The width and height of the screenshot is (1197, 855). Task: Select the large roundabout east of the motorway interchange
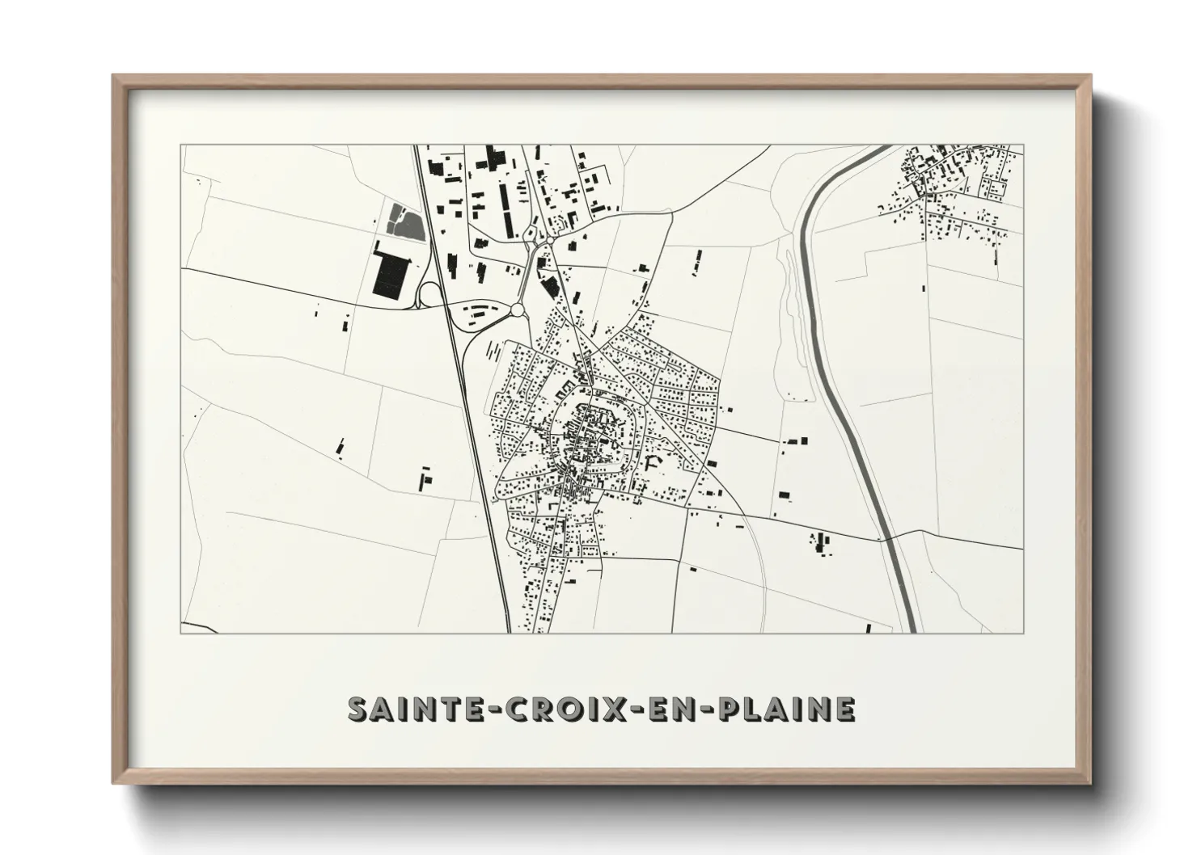(x=518, y=310)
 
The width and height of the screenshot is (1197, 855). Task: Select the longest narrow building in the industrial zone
(x=503, y=208)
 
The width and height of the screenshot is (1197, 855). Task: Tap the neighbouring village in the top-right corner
(x=954, y=190)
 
